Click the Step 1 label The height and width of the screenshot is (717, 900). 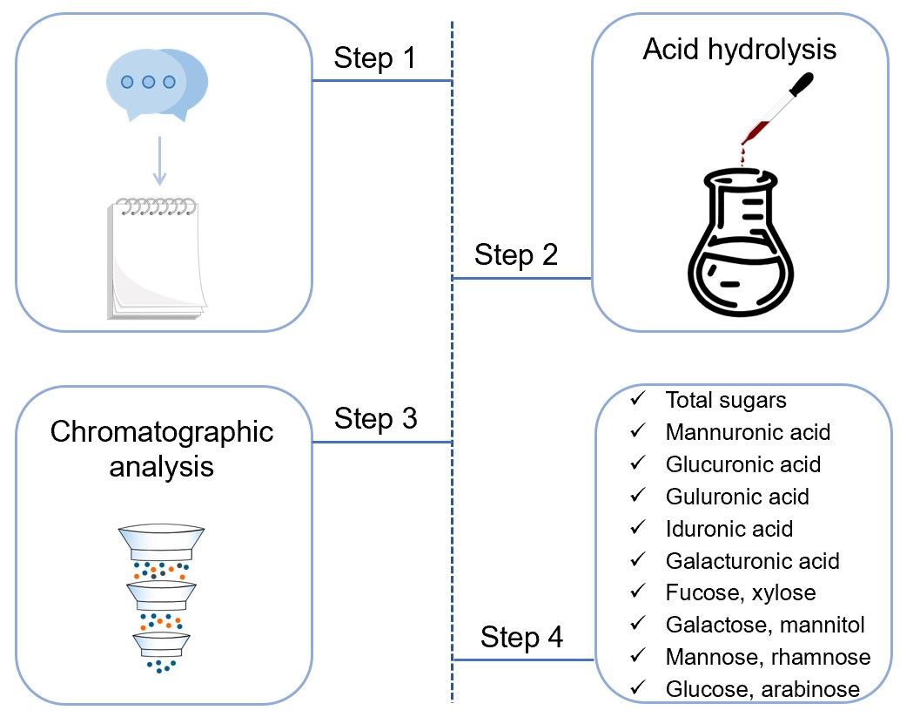375,58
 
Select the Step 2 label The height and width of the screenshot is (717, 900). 516,255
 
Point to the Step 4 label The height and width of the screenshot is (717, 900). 521,638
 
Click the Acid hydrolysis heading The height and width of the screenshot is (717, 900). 739,49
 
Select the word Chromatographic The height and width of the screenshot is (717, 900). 162,431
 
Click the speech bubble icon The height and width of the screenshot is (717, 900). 157,84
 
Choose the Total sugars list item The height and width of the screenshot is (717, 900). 726,400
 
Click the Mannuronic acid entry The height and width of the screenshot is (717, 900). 748,432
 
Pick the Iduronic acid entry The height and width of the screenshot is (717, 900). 729,529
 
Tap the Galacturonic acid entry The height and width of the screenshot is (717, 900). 752,561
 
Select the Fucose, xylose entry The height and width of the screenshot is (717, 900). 741,593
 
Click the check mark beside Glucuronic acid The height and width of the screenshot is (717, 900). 638,463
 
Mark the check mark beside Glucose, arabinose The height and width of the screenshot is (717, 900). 638,688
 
